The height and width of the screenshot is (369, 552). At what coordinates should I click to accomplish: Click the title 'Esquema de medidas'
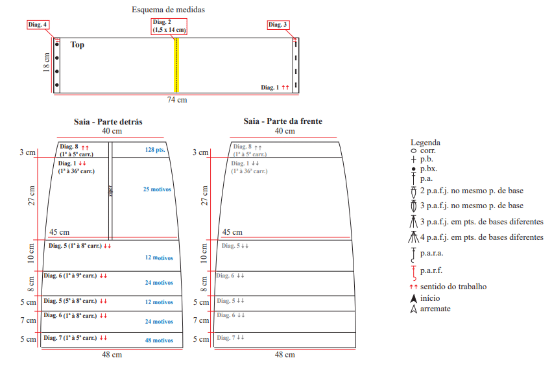(169, 10)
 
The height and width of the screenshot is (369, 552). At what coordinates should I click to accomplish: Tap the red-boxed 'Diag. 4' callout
(38, 25)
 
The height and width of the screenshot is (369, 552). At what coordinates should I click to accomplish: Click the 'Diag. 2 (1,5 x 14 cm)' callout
(169, 26)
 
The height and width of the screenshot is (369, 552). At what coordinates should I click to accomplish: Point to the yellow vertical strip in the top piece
(176, 65)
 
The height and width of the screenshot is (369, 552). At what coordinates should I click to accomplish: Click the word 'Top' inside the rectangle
(77, 45)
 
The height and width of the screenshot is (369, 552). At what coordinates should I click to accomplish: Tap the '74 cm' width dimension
(176, 100)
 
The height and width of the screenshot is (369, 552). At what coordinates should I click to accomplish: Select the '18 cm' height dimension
(47, 64)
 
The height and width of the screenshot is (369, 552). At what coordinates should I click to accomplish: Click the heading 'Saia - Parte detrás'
(108, 121)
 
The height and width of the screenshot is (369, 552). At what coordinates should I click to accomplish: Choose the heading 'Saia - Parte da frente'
(283, 121)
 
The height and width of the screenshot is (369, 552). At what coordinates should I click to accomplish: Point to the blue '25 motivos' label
(158, 189)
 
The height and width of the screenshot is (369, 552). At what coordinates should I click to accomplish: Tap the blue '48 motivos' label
(159, 340)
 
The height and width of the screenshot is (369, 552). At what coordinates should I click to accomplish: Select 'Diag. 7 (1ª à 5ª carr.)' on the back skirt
(71, 338)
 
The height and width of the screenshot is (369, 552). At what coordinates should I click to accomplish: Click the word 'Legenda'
(426, 143)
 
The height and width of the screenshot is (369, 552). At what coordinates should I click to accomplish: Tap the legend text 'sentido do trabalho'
(453, 286)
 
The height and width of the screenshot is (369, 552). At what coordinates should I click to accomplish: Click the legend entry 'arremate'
(435, 309)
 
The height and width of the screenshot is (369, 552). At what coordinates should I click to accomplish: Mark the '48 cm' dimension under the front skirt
(284, 355)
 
